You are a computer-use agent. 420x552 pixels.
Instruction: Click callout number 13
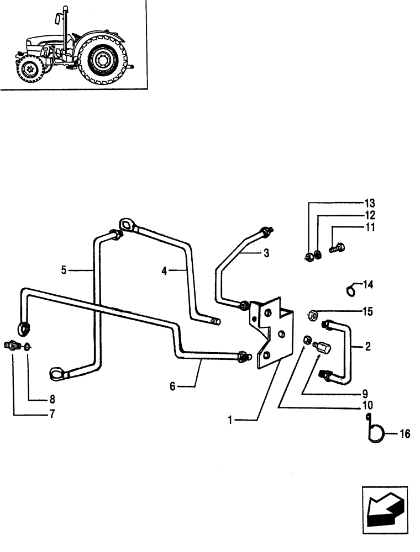click(369, 203)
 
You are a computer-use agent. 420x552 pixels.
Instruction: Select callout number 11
click(369, 227)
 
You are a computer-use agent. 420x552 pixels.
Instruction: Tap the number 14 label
click(369, 285)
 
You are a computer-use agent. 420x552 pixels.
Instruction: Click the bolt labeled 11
click(336, 249)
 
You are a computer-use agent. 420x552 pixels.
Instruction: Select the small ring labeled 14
click(350, 289)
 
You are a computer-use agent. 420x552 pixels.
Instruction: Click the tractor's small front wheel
click(28, 71)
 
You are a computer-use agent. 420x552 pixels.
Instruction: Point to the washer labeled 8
click(28, 348)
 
